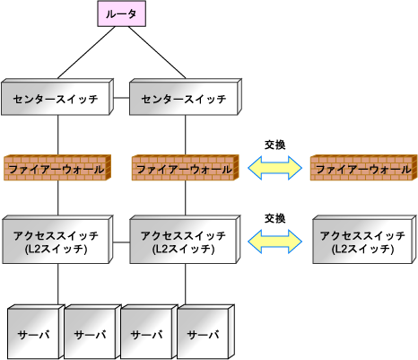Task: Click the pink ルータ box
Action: (x=121, y=13)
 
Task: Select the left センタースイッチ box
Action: (x=57, y=97)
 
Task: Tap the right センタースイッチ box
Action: (x=186, y=97)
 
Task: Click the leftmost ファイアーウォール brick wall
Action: (x=57, y=168)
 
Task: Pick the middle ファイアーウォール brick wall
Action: (x=186, y=168)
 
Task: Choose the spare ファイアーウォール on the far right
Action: (x=364, y=168)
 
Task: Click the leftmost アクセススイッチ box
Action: (x=57, y=240)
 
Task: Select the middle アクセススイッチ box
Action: (x=185, y=240)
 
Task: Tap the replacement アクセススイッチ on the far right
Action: (x=365, y=240)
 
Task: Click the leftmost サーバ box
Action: (x=36, y=332)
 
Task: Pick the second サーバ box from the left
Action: (x=92, y=332)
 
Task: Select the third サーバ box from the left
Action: (x=149, y=332)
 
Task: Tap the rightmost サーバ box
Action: (x=206, y=332)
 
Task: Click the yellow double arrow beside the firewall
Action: (x=275, y=168)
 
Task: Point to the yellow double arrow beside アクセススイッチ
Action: (x=275, y=241)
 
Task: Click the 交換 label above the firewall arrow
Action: (x=275, y=145)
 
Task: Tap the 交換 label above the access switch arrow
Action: (x=275, y=218)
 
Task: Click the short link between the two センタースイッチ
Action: (x=121, y=98)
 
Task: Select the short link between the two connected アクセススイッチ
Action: (x=121, y=242)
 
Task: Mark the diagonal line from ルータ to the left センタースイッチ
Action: (x=86, y=52)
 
